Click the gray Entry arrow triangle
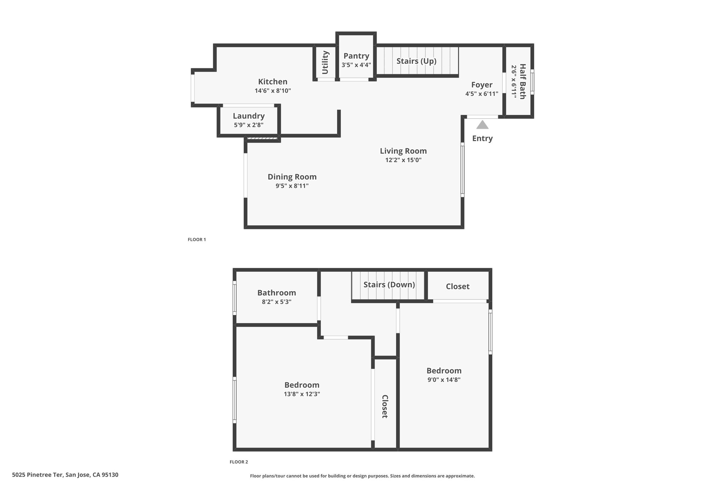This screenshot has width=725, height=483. [482, 125]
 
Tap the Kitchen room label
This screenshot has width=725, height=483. [273, 82]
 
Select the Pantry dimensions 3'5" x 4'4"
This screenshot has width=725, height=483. [356, 65]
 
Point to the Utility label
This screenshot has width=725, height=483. [325, 63]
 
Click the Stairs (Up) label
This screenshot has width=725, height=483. [416, 61]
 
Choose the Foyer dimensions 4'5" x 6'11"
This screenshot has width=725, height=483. [482, 94]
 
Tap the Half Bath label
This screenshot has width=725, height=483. [523, 81]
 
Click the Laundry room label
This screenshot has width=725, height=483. [249, 116]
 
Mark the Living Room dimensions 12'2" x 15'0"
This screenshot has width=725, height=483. [403, 160]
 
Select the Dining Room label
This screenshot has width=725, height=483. [292, 177]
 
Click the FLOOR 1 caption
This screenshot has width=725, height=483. [196, 240]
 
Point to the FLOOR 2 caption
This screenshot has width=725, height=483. [239, 462]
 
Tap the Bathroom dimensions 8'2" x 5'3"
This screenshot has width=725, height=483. [276, 302]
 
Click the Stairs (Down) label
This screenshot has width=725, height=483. [389, 285]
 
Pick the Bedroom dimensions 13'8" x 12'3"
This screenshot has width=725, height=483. [302, 394]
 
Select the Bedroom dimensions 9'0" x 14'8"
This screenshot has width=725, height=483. [444, 380]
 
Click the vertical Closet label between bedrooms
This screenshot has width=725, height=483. [385, 407]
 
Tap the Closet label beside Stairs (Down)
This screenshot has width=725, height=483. [458, 286]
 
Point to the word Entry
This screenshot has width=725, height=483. [483, 138]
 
